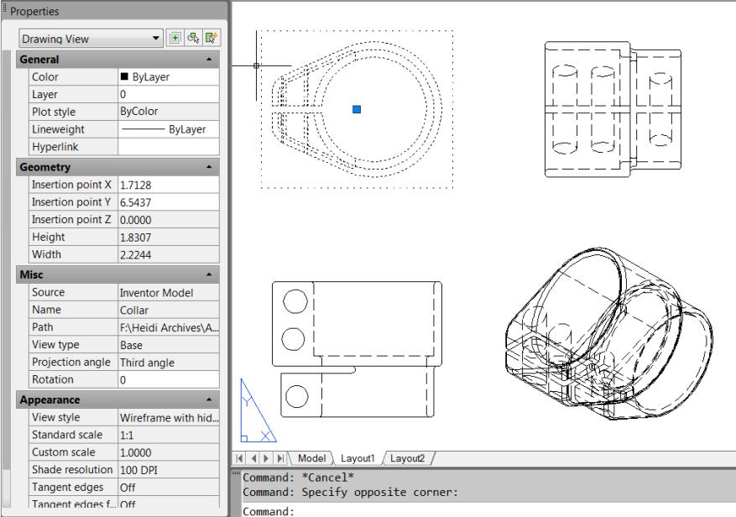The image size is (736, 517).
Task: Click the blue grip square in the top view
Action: click(357, 109)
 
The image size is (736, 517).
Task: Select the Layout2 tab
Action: click(407, 458)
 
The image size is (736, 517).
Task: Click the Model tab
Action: click(312, 458)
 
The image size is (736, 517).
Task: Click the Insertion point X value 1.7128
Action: click(167, 184)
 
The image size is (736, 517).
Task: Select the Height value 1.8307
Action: click(167, 238)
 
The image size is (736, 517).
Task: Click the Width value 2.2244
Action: click(167, 254)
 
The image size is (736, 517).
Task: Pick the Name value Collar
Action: click(167, 310)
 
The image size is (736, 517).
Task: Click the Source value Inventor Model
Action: click(167, 293)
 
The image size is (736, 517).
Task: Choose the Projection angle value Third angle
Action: click(167, 362)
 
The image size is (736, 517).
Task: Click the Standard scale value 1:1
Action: click(167, 436)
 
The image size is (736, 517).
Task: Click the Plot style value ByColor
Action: click(167, 111)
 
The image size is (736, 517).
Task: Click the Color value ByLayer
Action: click(167, 76)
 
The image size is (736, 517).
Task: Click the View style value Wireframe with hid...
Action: click(167, 418)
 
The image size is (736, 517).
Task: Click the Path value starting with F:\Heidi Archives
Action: click(167, 327)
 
